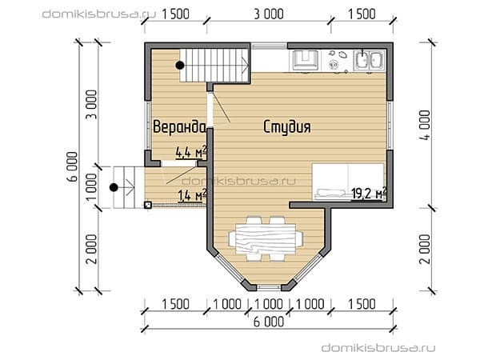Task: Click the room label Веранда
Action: point(179,126)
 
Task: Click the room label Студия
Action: point(287,126)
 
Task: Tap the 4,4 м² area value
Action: point(191,151)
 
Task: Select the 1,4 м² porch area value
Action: point(192,194)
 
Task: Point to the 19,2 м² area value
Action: point(369,193)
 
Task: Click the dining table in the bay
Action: point(266,238)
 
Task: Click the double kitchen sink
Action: point(369,60)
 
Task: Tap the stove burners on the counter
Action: point(337,60)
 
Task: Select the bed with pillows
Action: point(348,182)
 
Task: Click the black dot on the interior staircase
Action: point(180,66)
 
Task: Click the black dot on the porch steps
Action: point(114,187)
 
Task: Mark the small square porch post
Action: point(148,205)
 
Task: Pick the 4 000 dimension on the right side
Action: point(425,126)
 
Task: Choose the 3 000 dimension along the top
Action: point(269,14)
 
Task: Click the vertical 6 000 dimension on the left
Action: point(73,167)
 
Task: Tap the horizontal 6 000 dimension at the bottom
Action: point(269,322)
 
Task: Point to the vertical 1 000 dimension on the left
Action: point(91,187)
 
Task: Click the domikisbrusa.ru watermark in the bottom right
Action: point(378,348)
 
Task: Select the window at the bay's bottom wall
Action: point(269,287)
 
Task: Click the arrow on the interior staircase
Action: point(246,65)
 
